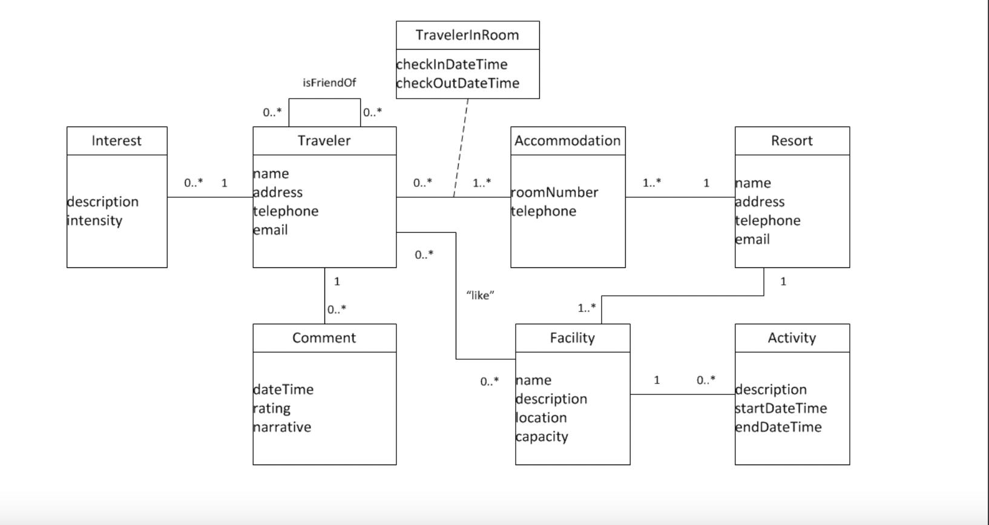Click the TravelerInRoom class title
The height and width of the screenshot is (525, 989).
467,35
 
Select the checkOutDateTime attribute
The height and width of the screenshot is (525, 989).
458,83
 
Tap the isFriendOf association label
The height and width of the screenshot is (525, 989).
329,82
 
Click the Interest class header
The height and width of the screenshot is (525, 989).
116,141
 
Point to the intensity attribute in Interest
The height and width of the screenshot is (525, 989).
94,220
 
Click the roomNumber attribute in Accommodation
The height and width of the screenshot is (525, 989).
554,192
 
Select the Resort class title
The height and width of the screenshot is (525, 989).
792,141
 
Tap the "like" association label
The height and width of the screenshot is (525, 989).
480,295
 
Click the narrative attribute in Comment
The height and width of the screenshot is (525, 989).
282,427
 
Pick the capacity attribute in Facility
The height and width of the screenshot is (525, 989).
542,437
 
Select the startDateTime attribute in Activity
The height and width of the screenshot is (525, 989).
781,408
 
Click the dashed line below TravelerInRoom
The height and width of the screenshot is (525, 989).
461,145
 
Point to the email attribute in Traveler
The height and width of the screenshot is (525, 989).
271,230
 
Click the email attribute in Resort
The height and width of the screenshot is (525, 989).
752,240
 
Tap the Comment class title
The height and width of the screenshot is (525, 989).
324,338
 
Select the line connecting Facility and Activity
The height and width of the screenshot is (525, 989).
682,394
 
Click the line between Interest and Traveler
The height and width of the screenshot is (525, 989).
209,197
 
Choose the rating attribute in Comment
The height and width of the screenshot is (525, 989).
272,408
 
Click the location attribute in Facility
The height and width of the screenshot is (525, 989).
541,418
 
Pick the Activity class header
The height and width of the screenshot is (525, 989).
792,338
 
